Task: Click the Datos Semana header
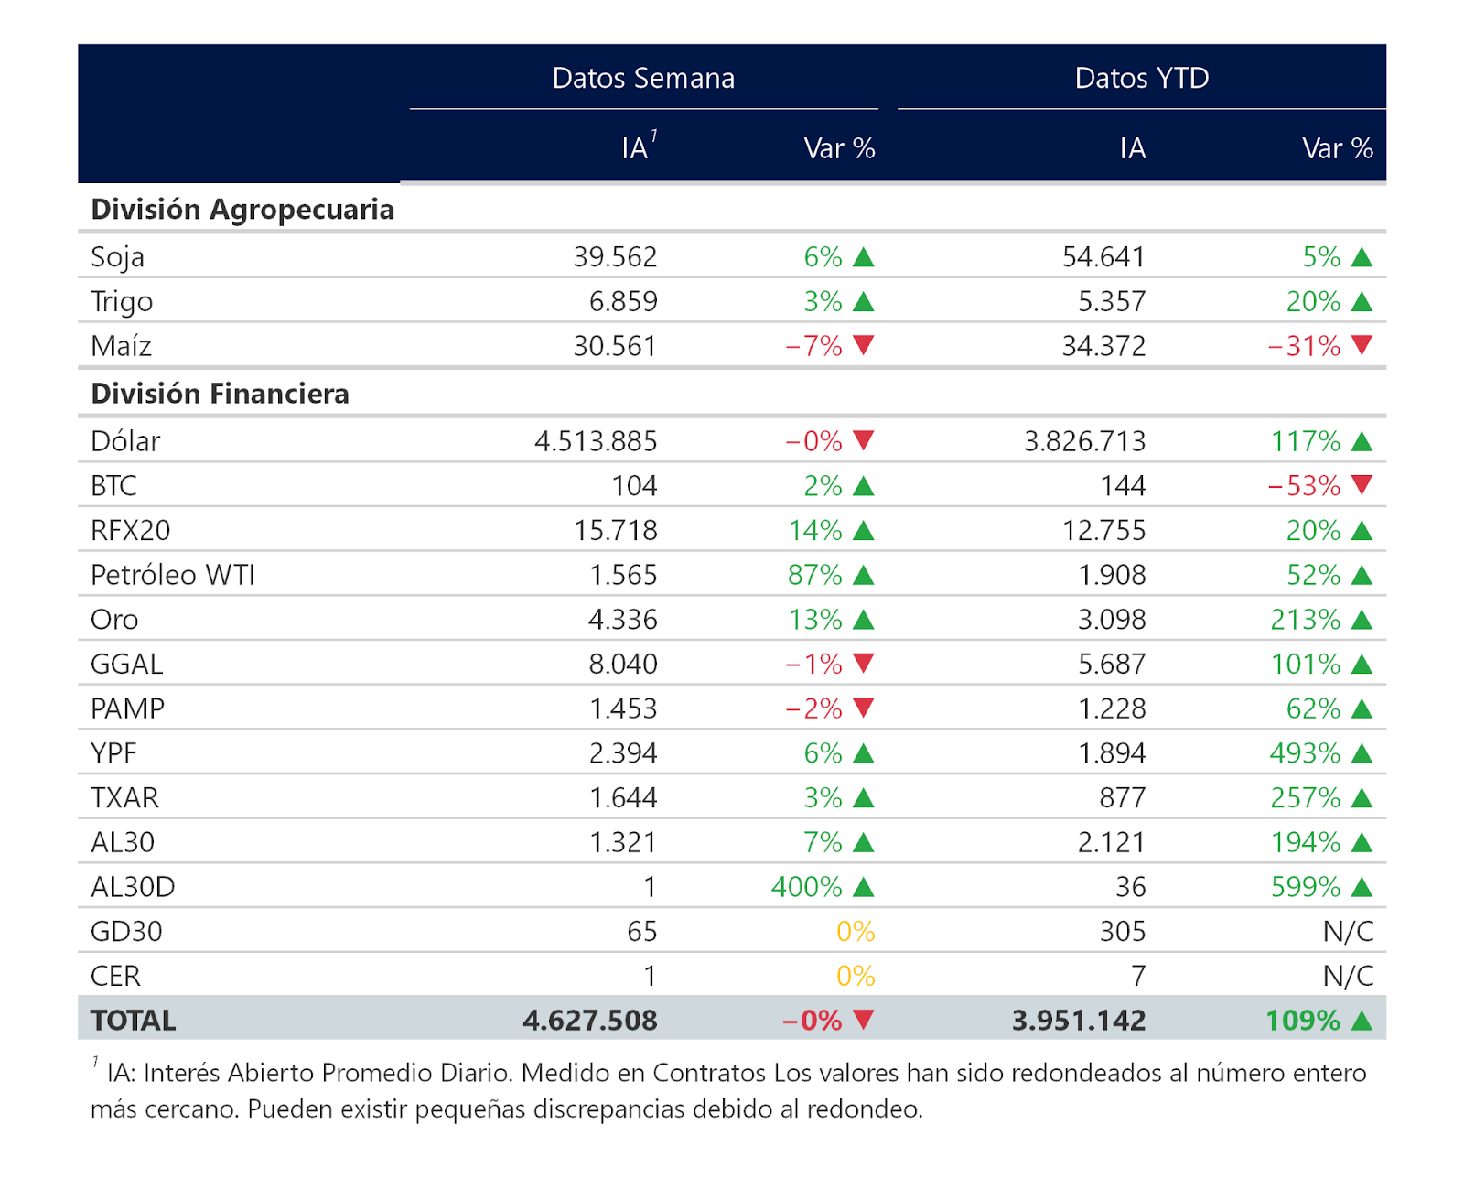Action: click(x=643, y=79)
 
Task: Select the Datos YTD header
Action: click(x=1142, y=79)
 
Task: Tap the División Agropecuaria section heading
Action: click(x=242, y=210)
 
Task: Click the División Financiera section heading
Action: click(x=220, y=394)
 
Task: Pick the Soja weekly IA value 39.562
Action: click(x=615, y=257)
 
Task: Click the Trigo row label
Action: click(x=122, y=302)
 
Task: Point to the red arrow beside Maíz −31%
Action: click(x=1362, y=345)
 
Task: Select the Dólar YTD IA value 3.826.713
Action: click(x=1085, y=441)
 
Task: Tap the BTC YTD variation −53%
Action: click(x=1304, y=486)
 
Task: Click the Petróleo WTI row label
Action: click(x=173, y=575)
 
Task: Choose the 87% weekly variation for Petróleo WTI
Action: click(x=815, y=575)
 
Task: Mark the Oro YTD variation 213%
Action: click(x=1306, y=620)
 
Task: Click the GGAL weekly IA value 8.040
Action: click(x=623, y=664)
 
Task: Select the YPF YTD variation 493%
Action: click(x=1305, y=752)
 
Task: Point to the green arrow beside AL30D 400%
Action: click(x=863, y=887)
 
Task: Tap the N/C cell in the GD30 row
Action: click(x=1349, y=931)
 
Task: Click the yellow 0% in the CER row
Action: click(x=856, y=976)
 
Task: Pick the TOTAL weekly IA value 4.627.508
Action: click(x=590, y=1021)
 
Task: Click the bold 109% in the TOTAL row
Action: click(x=1303, y=1021)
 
